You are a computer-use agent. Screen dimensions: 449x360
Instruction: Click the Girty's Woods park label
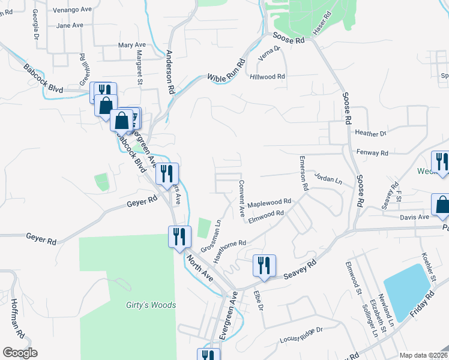(151, 305)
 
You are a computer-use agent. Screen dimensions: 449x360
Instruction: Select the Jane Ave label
(69, 26)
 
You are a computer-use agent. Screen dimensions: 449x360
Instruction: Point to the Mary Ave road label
(132, 45)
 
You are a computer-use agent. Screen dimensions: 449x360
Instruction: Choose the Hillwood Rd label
(268, 77)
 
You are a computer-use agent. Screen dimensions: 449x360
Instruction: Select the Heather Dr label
(371, 133)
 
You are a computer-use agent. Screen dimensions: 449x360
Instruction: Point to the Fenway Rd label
(372, 153)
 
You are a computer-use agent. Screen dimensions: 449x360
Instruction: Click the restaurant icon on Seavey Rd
(264, 265)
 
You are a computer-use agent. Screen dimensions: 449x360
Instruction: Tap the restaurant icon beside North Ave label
(178, 236)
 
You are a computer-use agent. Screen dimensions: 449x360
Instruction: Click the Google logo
(20, 353)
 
